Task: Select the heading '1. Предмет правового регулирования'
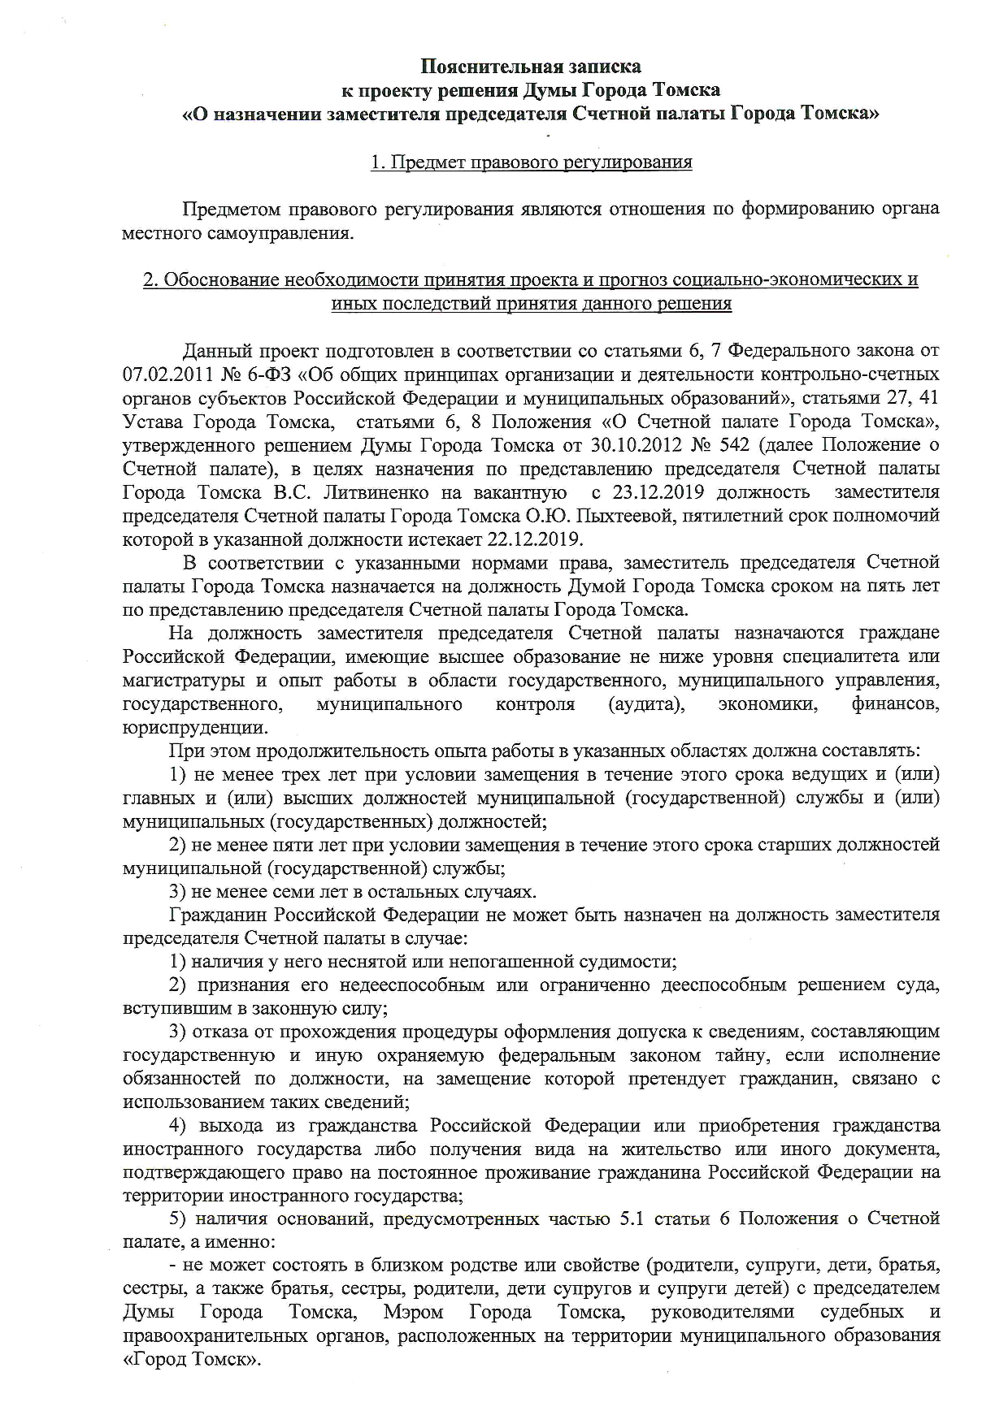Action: [531, 162]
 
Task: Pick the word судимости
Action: [628, 963]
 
